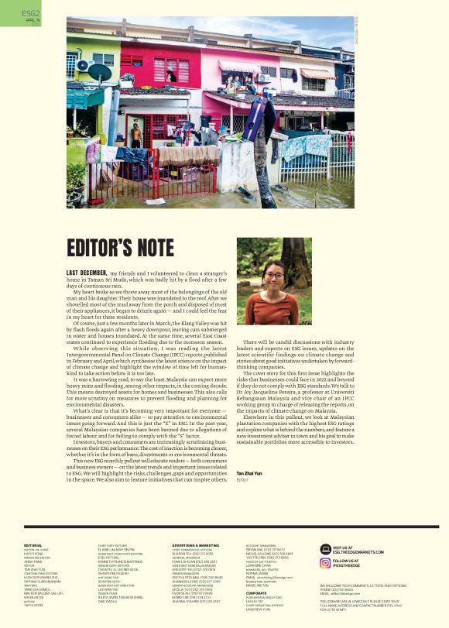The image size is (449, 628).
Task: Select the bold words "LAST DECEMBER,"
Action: point(86,273)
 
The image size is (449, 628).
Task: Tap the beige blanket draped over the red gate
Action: point(187,156)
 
